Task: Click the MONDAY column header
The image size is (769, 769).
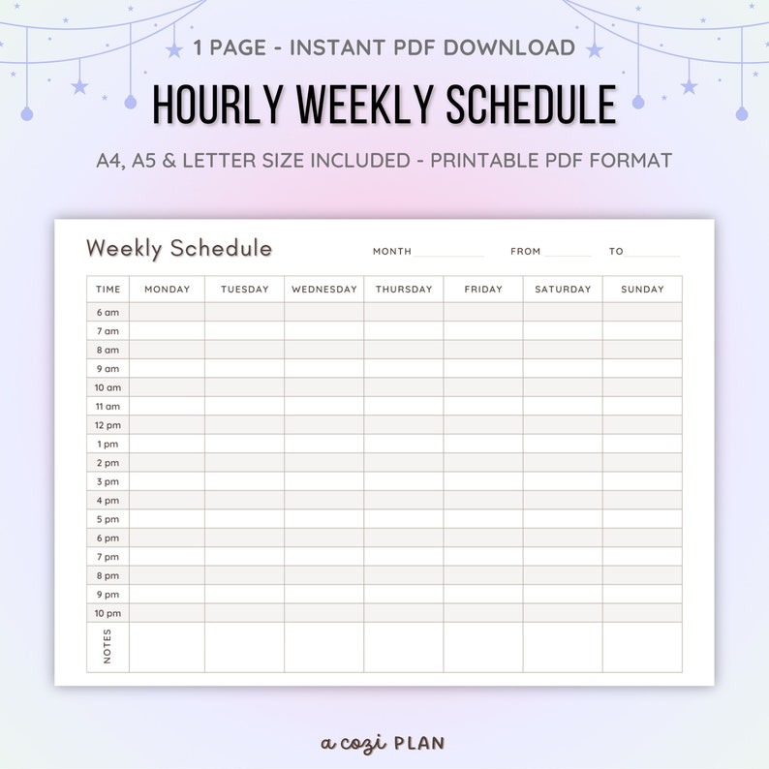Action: coord(167,289)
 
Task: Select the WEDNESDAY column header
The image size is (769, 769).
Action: coord(324,289)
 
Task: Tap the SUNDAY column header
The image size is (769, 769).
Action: coord(642,289)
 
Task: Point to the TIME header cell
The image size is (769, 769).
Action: coord(108,289)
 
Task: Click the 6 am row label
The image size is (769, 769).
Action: coord(108,312)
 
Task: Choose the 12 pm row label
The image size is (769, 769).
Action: coord(108,425)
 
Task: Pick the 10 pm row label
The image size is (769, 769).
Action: coord(108,613)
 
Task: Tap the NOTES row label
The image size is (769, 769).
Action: coord(108,646)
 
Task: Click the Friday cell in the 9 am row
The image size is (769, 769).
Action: coord(483,368)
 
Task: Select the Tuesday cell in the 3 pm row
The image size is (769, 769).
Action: coord(244,481)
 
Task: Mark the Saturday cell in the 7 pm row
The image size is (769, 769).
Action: coord(563,557)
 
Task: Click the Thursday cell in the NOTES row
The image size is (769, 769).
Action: coord(404,646)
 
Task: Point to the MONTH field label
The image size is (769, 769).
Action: coord(392,252)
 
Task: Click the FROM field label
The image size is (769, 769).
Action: coord(526,252)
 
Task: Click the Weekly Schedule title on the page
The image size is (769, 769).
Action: coord(179,248)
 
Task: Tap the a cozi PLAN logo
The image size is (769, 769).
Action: coord(384,743)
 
